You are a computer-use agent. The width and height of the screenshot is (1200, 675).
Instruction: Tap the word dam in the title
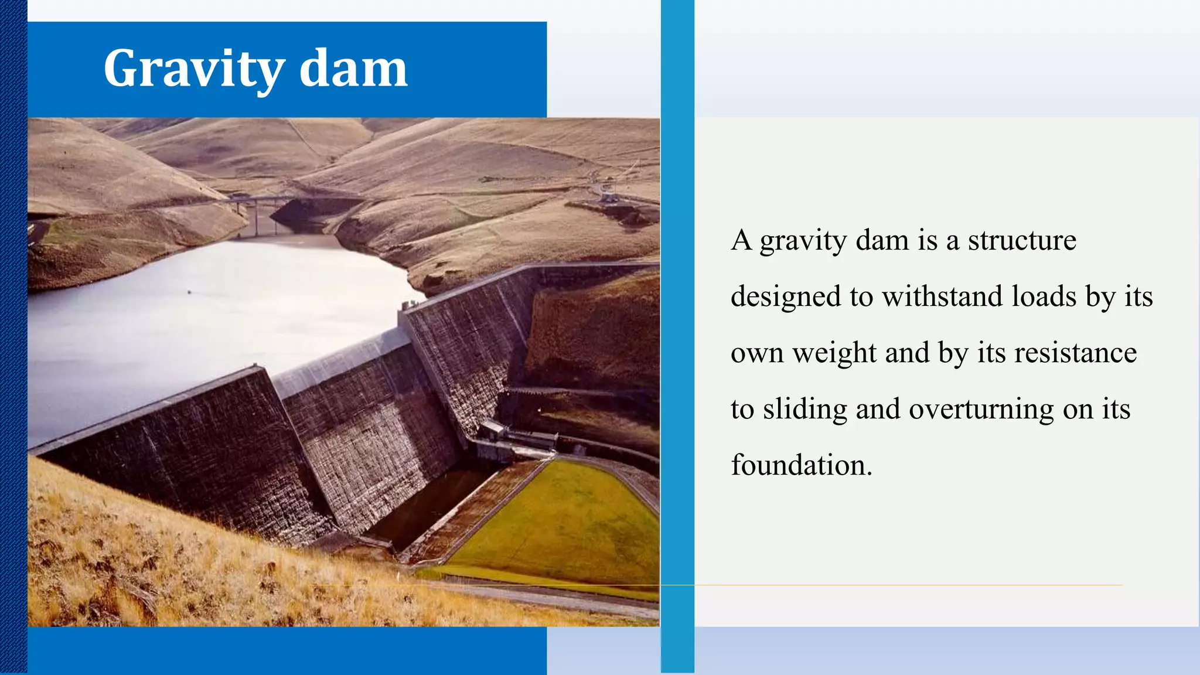click(x=353, y=69)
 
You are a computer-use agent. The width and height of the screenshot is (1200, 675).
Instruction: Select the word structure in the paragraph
click(x=1022, y=240)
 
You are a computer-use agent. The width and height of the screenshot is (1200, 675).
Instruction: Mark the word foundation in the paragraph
click(x=801, y=465)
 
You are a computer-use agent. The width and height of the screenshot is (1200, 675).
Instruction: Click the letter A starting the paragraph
click(x=741, y=240)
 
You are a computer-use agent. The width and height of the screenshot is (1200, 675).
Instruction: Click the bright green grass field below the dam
click(x=562, y=516)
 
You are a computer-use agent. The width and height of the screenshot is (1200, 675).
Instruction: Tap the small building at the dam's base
click(x=493, y=431)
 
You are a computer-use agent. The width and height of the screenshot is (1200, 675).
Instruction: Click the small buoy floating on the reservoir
click(x=189, y=291)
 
